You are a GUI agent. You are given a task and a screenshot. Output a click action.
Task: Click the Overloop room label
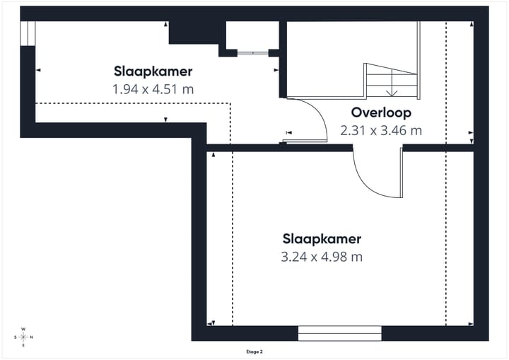pos(381,112)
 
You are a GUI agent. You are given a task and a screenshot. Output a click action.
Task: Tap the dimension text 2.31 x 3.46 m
pos(381,130)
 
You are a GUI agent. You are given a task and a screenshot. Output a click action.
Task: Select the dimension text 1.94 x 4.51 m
pos(153,89)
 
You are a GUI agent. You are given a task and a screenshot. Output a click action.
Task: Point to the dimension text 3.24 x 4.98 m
pos(322,257)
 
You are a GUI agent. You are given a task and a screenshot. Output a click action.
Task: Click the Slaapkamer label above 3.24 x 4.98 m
pos(322,238)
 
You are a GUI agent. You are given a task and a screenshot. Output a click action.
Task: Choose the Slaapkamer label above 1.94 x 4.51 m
pos(153,71)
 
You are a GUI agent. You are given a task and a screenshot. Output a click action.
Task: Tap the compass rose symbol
pos(23,337)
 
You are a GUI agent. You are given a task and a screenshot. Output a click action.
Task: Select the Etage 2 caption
pos(254,351)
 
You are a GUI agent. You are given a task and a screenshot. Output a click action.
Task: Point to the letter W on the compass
pos(23,329)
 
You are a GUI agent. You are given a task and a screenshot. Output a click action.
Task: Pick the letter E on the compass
pos(23,345)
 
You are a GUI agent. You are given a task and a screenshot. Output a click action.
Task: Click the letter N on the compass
pos(32,337)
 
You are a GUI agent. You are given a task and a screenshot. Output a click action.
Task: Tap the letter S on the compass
pos(15,337)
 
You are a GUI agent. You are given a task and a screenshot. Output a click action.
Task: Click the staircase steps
pos(391,80)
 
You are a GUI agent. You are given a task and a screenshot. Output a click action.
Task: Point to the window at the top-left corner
pos(28,33)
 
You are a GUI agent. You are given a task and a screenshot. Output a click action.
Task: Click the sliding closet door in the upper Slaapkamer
pos(252,53)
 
